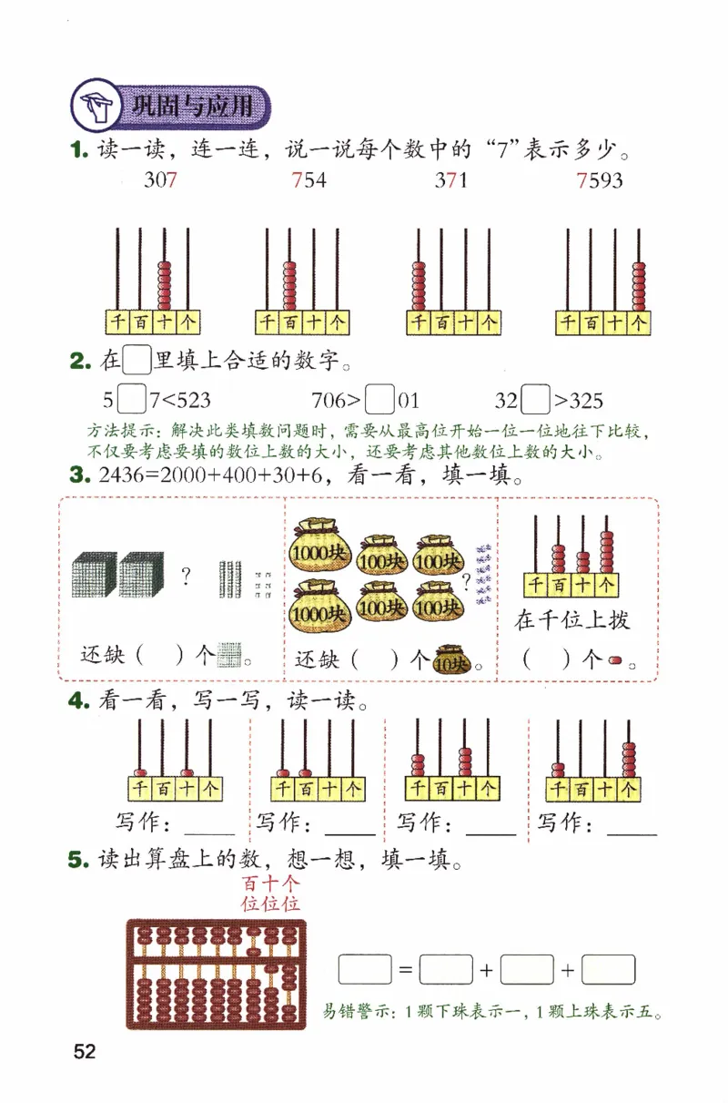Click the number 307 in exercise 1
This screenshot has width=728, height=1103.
coord(160,180)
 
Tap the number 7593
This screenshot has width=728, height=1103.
coord(601,180)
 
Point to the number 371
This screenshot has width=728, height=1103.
coord(450,180)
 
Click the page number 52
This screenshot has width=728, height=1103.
coord(85,1052)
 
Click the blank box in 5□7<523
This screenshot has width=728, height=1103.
coord(133,400)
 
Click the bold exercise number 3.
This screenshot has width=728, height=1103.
coord(78,475)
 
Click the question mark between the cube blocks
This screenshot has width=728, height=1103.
coord(186,576)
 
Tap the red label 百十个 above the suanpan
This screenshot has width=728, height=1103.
coord(271,883)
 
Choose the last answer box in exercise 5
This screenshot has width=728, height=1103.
coord(608,969)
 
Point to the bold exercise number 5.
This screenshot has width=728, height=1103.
coord(78,859)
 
